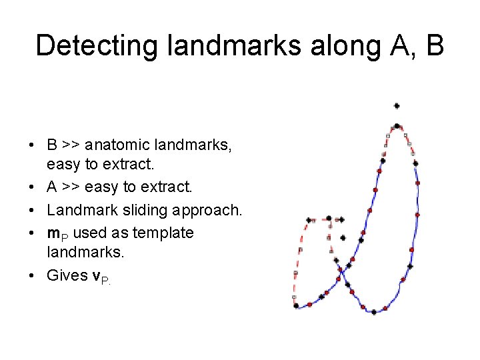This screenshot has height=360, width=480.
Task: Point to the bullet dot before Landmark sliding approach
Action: [31, 211]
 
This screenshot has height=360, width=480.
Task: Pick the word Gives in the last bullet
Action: [67, 275]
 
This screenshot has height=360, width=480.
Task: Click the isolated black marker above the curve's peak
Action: [397, 105]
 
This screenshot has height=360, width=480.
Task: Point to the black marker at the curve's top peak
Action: [397, 125]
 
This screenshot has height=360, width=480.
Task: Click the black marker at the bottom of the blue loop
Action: [374, 311]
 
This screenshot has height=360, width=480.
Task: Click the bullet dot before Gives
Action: [31, 276]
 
